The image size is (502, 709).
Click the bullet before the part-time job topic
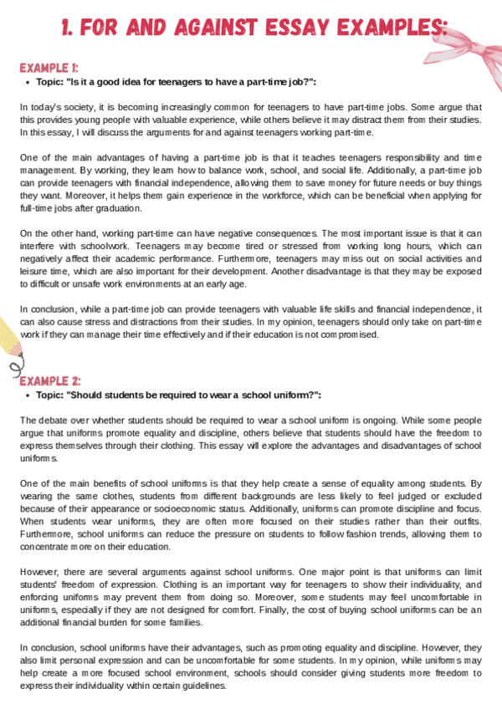click(x=28, y=81)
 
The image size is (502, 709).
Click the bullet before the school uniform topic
click(x=28, y=395)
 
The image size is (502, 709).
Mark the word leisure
click(x=36, y=273)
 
